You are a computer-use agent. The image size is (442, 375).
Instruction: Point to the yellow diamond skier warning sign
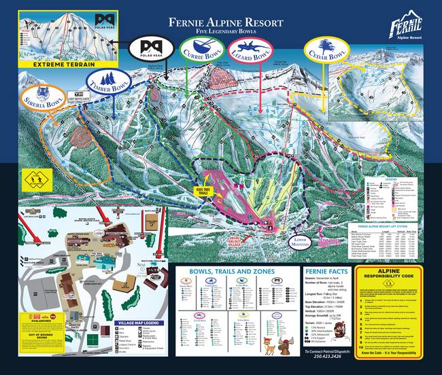click(33, 180)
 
